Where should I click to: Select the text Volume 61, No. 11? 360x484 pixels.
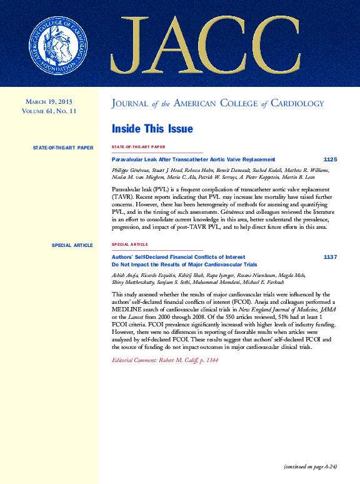49,111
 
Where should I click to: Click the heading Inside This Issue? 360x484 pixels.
152,129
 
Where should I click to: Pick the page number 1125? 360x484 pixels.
330,160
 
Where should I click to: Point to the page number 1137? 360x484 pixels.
330,257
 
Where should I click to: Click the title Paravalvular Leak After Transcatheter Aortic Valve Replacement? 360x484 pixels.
192,160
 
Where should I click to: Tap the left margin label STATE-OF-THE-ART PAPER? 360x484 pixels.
62,148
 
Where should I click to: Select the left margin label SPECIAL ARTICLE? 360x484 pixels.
72,245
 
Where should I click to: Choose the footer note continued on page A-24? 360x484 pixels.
310,466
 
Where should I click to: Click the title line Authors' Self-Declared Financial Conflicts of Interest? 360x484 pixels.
178,257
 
